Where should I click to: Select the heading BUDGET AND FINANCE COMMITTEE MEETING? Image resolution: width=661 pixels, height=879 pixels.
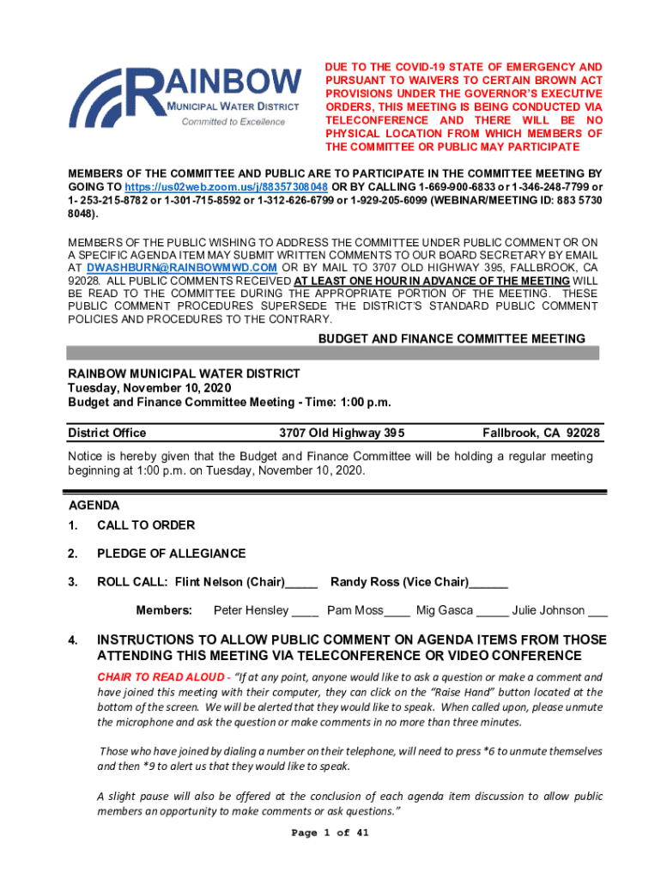pos(452,339)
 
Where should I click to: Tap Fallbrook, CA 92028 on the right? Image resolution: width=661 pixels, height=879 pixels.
pos(541,433)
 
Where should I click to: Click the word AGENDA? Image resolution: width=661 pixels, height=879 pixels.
pos(94,506)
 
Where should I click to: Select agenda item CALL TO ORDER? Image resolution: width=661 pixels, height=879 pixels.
pos(146,524)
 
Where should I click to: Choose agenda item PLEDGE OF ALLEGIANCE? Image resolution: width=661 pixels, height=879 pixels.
pos(171,554)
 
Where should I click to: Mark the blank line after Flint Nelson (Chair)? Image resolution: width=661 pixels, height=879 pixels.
pos(302,584)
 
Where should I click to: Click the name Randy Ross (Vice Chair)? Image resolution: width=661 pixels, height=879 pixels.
pos(399,582)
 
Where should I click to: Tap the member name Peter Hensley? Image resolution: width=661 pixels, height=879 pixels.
pos(251,610)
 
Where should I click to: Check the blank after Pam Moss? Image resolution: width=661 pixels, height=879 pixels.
pos(397,612)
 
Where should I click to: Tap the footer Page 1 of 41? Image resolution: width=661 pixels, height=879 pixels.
pos(330,833)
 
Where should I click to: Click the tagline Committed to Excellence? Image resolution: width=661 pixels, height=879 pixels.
pos(233,122)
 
